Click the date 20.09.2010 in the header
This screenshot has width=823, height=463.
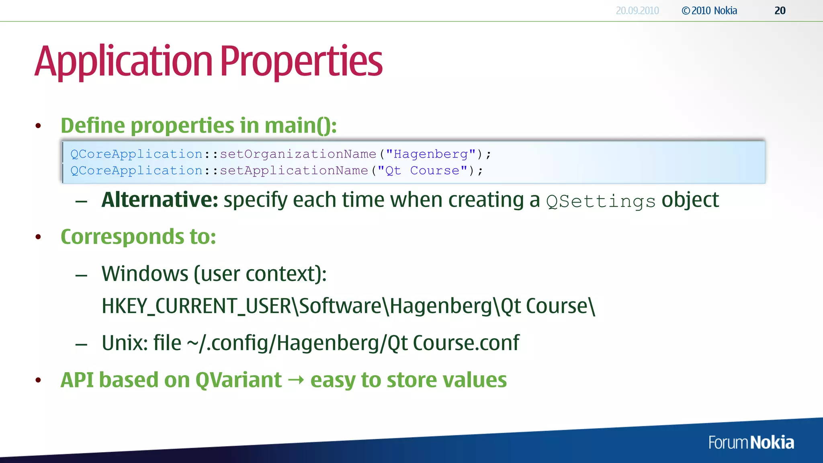(637, 11)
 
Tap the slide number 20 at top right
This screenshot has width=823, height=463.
(780, 11)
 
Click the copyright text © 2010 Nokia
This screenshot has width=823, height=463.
(709, 11)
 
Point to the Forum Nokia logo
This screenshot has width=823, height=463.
(751, 443)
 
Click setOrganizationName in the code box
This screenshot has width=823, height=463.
(298, 154)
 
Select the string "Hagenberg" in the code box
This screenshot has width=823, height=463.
(431, 154)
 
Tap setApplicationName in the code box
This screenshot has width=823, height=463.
(294, 171)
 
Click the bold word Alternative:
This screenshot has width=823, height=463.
(160, 200)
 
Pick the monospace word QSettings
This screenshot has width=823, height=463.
(601, 201)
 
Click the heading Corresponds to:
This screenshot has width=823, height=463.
(138, 237)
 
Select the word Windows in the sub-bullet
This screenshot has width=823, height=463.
(145, 274)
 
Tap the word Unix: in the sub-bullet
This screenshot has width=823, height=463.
(125, 343)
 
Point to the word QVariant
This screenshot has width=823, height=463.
(238, 380)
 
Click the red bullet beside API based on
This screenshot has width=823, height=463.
(38, 380)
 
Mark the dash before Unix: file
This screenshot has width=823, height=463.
(81, 344)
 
